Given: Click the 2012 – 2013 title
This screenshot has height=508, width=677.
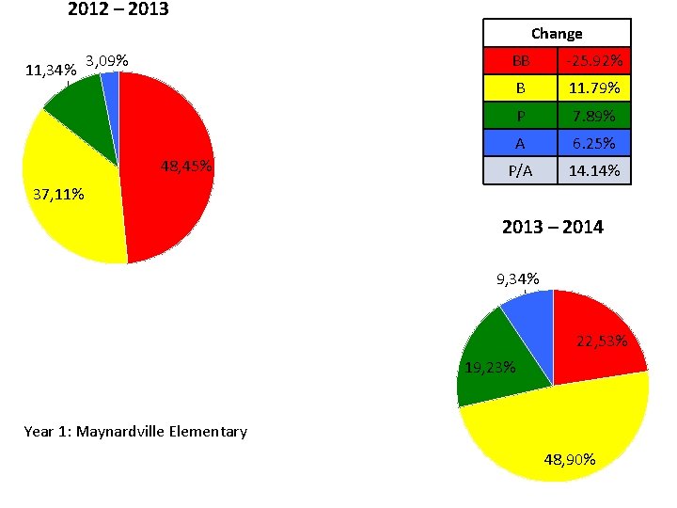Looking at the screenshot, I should pyautogui.click(x=118, y=11).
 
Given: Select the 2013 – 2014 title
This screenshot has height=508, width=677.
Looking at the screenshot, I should pyautogui.click(x=553, y=227).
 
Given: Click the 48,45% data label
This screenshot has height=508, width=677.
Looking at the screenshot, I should pyautogui.click(x=186, y=167).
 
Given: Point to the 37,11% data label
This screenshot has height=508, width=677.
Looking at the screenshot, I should pyautogui.click(x=58, y=196).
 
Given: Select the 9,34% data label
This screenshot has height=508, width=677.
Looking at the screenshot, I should pyautogui.click(x=518, y=278).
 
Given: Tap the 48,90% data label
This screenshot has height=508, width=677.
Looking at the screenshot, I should pyautogui.click(x=570, y=460).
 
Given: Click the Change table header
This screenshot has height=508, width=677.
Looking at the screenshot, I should pyautogui.click(x=557, y=33).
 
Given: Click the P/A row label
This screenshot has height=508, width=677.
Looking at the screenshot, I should pyautogui.click(x=520, y=171).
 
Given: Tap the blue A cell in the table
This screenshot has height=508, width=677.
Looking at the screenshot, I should pyautogui.click(x=520, y=144).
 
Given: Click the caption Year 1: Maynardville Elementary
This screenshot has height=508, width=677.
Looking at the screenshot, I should pyautogui.click(x=135, y=432).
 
